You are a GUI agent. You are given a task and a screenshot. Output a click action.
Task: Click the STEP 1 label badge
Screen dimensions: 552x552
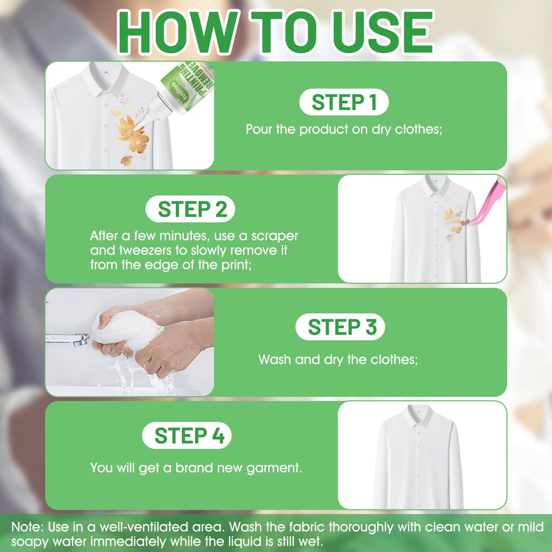pos(343,102)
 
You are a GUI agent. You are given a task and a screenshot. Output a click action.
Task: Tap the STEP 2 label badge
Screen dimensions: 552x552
pos(190,209)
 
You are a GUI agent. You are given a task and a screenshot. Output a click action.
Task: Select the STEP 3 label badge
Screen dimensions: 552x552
pos(340,327)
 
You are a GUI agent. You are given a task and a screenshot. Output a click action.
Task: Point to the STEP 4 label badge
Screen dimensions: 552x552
pos(187,436)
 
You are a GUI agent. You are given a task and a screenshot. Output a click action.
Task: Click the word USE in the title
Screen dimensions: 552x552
pos(384,32)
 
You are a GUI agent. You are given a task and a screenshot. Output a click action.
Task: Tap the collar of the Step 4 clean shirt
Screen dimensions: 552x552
pos(419,416)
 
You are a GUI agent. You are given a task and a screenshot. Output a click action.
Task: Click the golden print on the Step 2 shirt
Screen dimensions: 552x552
pos(451,222)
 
